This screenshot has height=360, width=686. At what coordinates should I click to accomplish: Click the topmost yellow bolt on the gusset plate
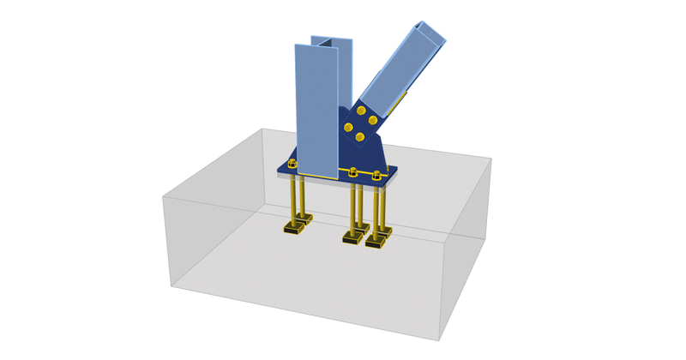click(x=363, y=111)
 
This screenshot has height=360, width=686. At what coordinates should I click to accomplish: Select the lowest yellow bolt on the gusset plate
click(x=359, y=137)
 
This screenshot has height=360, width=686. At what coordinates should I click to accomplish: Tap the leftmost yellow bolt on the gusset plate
click(x=348, y=128)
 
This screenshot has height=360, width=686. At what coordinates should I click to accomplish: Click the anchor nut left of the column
click(x=292, y=163)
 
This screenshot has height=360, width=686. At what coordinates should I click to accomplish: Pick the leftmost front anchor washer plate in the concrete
click(x=294, y=229)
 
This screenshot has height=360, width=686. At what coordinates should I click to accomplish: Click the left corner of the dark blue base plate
click(x=278, y=168)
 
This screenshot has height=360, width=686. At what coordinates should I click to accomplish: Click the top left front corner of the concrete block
click(x=163, y=197)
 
